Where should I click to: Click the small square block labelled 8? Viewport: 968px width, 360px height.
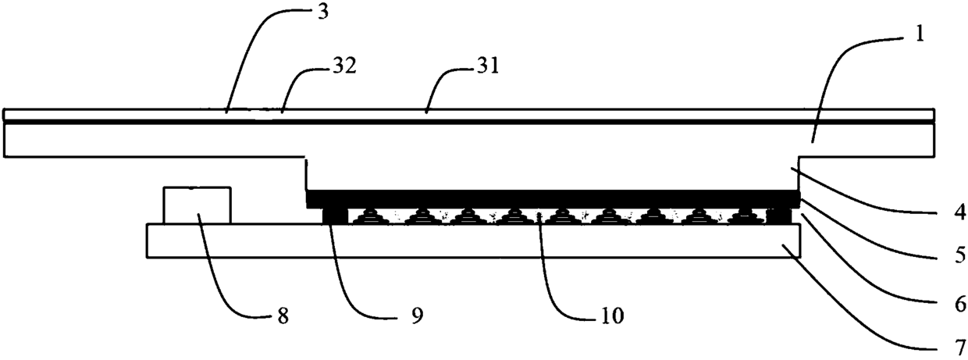(x=197, y=205)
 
